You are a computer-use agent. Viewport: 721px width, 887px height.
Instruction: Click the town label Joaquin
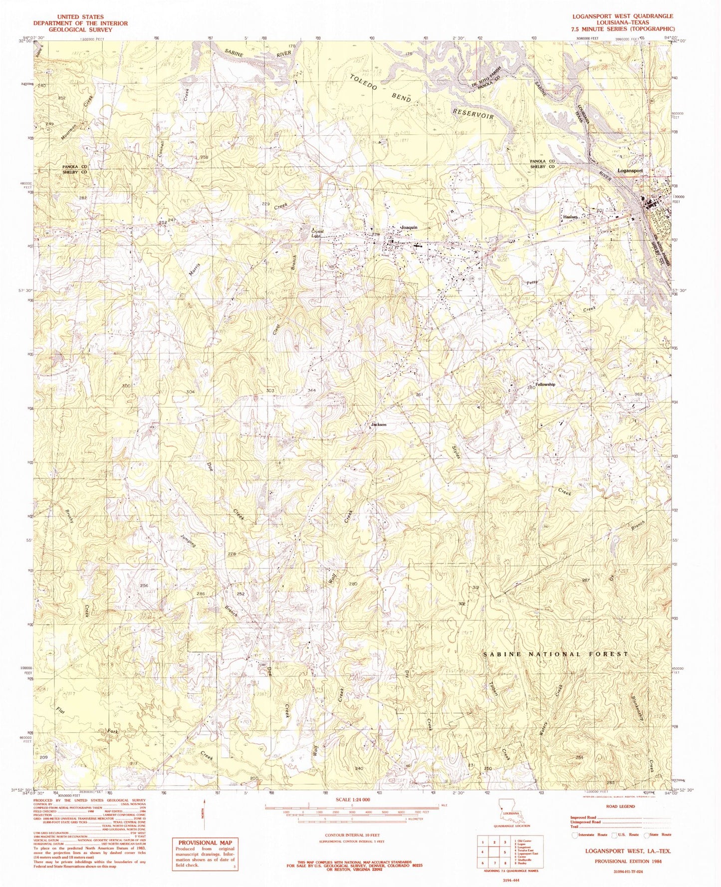pos(408,227)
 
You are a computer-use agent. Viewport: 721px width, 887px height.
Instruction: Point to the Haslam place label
pos(570,217)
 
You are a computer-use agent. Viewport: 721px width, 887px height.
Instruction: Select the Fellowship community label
pos(545,385)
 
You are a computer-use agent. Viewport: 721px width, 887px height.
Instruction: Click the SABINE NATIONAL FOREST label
pos(556,654)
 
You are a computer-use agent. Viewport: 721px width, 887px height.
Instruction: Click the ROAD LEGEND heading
pos(620,807)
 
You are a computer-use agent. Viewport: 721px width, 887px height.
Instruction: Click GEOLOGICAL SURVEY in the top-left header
pos(80,29)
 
